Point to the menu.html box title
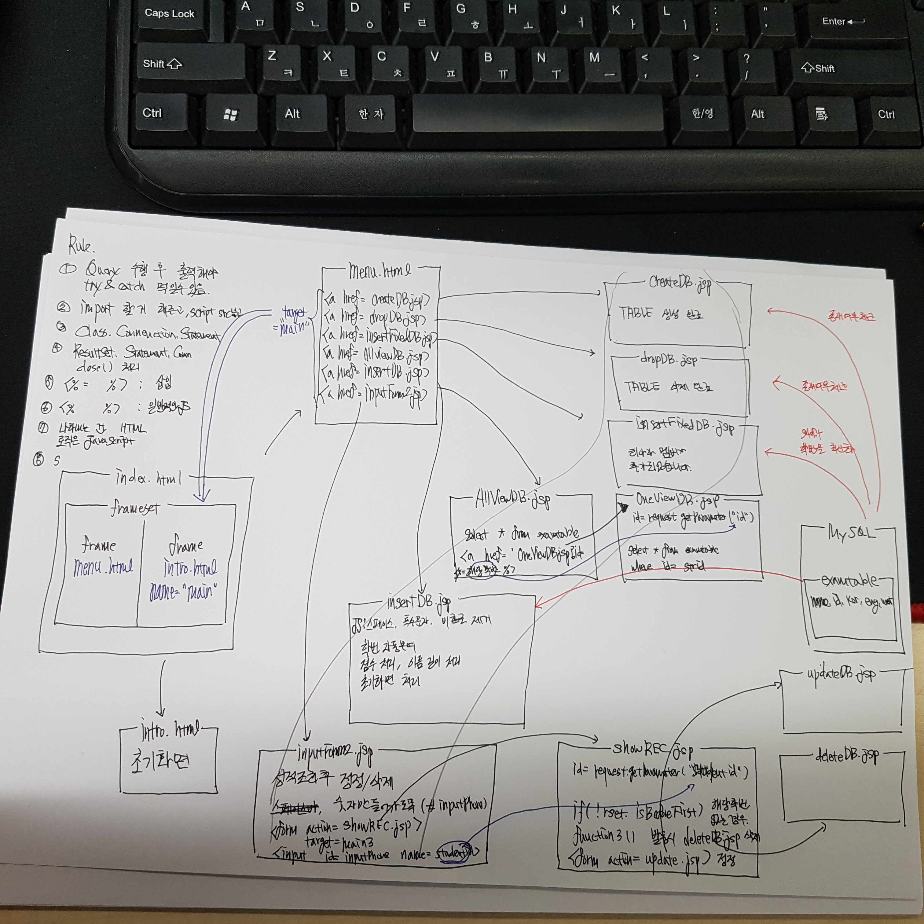click(x=379, y=271)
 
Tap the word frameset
click(x=135, y=508)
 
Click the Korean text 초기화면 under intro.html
click(x=160, y=762)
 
